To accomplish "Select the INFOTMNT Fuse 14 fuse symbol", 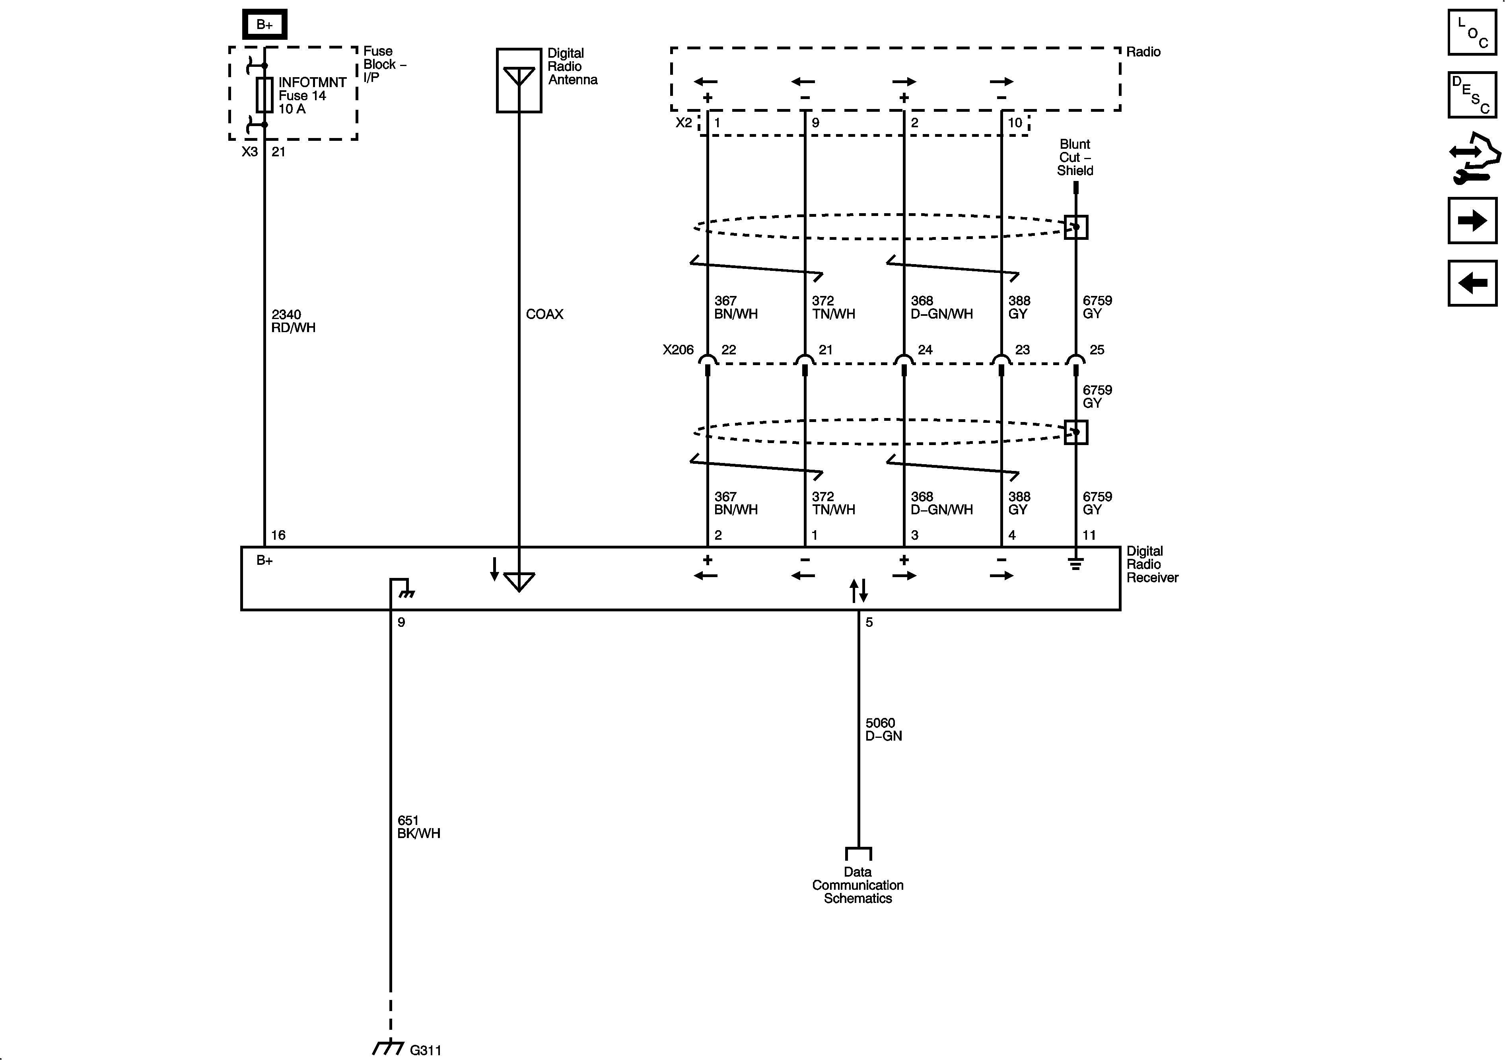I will pyautogui.click(x=264, y=95).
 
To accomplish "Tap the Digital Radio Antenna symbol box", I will pyautogui.click(x=519, y=80).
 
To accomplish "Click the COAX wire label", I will pyautogui.click(x=544, y=314).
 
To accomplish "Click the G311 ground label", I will pyautogui.click(x=426, y=1050).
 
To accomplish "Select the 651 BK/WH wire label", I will pyautogui.click(x=418, y=827).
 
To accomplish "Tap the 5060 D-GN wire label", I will pyautogui.click(x=883, y=729).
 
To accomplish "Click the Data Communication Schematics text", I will pyautogui.click(x=857, y=885).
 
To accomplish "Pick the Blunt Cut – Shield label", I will pyautogui.click(x=1075, y=158).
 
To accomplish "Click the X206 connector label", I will pyautogui.click(x=678, y=349).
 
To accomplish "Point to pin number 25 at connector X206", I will pyautogui.click(x=1097, y=349).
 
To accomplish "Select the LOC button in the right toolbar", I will pyautogui.click(x=1472, y=32).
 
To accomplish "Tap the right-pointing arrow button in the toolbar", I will pyautogui.click(x=1472, y=220).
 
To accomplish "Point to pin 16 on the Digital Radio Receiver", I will pyautogui.click(x=278, y=535).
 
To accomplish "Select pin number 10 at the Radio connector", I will pyautogui.click(x=1015, y=123).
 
